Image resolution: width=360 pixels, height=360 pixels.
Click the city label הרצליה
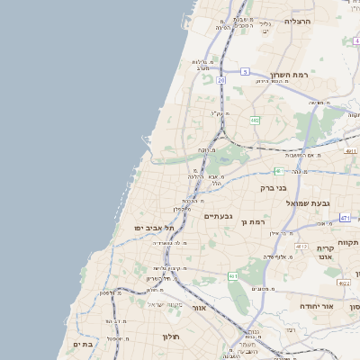pos(297,21)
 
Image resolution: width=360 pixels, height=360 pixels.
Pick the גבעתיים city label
pos(219,216)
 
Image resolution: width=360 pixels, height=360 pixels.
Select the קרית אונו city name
pos(326,251)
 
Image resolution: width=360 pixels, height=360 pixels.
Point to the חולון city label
pos(171,337)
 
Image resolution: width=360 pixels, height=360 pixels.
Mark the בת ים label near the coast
pos(83,344)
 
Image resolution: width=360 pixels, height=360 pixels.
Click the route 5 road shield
pos(245,71)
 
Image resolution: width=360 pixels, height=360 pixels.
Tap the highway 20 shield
pos(221,80)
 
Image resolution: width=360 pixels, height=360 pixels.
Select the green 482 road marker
pos(255,120)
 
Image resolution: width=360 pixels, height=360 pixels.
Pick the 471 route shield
pos(345,218)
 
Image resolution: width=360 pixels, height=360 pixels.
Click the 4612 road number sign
pos(301,247)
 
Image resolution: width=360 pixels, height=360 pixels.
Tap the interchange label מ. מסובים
pos(263,289)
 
